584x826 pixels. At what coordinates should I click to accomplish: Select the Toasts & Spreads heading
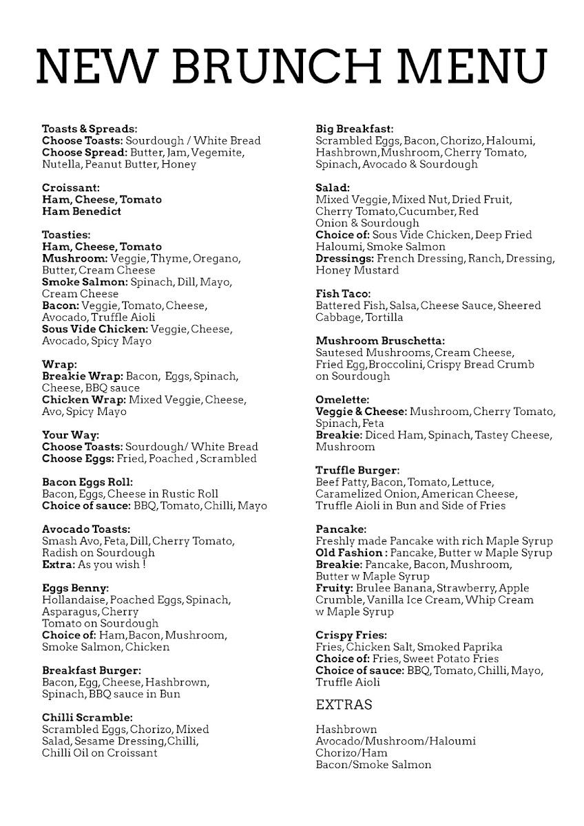click(90, 129)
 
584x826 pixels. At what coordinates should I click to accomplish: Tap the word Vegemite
click(219, 152)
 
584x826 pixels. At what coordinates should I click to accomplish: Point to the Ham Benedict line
click(81, 211)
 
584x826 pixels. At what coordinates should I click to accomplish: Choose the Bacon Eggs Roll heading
click(87, 482)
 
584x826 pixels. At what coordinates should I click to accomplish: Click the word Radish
click(59, 553)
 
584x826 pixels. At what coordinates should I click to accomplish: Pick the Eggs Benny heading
click(75, 588)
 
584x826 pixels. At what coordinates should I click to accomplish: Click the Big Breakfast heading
click(354, 129)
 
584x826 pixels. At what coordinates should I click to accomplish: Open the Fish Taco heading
click(343, 293)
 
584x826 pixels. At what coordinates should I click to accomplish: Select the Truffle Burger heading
click(357, 470)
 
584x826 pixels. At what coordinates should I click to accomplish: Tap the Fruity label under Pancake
click(334, 588)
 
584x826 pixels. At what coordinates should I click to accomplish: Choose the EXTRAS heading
click(344, 705)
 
